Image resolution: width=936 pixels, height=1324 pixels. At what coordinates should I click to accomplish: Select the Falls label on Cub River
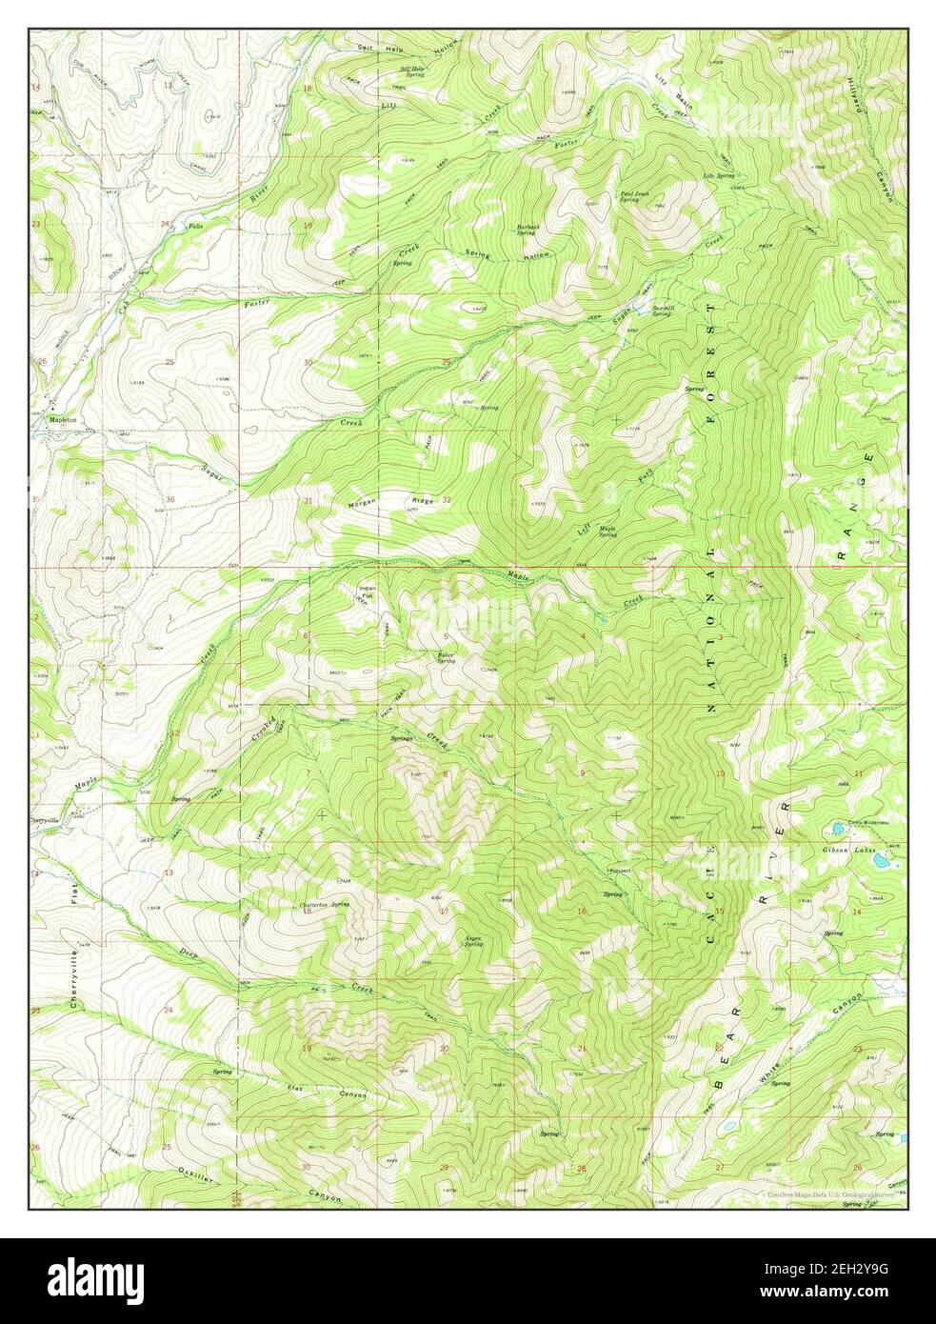pyautogui.click(x=196, y=226)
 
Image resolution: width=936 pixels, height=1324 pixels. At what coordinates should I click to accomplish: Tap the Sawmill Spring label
pyautogui.click(x=664, y=311)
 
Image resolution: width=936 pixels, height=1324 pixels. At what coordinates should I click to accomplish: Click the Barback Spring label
pyautogui.click(x=530, y=230)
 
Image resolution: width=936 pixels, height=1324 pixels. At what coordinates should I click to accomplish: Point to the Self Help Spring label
pyautogui.click(x=412, y=70)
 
